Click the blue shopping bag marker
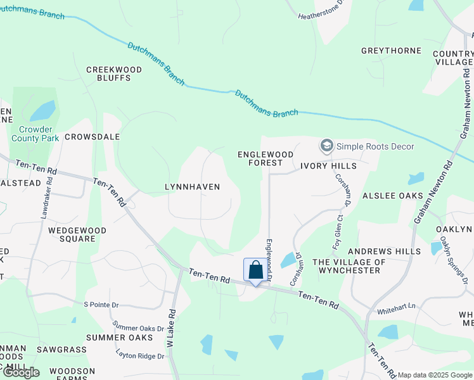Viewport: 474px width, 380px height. point(255,270)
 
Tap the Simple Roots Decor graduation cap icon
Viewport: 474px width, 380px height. point(326,146)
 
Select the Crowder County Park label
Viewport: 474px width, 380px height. point(35,133)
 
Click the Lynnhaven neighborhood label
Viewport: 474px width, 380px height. point(192,187)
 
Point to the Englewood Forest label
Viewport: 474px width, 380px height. point(266,158)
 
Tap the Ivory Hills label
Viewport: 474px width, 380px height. point(328,166)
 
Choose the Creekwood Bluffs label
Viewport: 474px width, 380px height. point(108,73)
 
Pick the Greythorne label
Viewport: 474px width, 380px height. point(387,51)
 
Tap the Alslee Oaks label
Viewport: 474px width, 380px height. point(392,196)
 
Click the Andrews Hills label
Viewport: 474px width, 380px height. point(389,251)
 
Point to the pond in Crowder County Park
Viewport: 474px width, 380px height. point(42,111)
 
